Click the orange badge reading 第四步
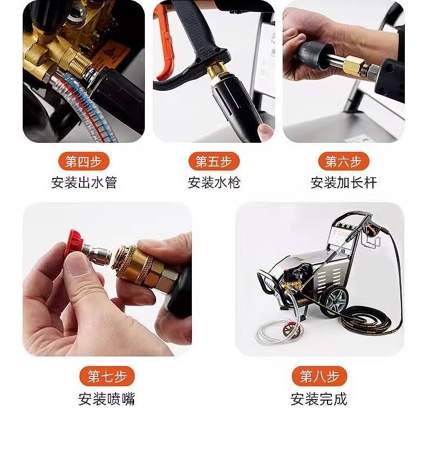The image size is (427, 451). [x=84, y=161]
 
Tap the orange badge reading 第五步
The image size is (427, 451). [x=214, y=161]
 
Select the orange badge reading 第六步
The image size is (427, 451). [x=344, y=161]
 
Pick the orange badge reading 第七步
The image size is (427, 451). [x=107, y=376]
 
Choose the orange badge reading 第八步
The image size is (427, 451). [x=319, y=376]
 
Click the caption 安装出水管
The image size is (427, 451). [x=84, y=183]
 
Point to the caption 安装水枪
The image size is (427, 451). [x=214, y=183]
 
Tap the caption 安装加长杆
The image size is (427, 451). [x=344, y=183]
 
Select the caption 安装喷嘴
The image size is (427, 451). [x=106, y=399]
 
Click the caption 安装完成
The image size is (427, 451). [x=319, y=399]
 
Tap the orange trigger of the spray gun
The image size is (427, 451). [x=164, y=43]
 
